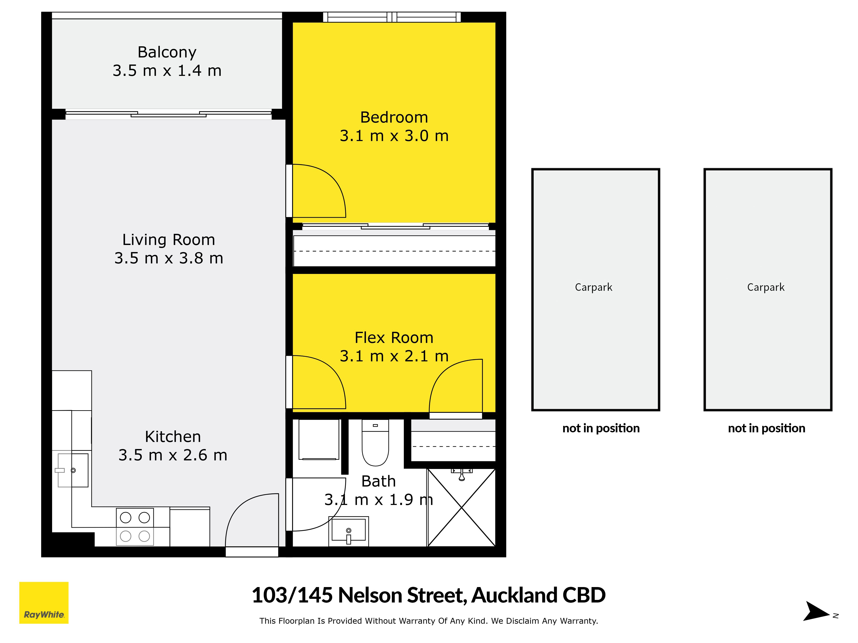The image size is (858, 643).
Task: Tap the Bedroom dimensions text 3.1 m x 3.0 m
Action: (x=394, y=136)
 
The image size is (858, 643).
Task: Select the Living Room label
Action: (x=169, y=240)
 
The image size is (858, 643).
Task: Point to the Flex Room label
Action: (x=394, y=338)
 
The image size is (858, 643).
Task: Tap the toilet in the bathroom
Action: (x=375, y=443)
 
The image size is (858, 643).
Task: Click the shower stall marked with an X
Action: (x=461, y=507)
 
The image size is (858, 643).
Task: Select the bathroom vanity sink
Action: (x=348, y=531)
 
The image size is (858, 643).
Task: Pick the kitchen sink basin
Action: (x=73, y=470)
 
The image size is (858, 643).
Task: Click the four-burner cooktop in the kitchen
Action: (x=135, y=527)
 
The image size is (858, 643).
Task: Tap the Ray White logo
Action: (x=44, y=603)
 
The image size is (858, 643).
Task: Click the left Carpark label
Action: (x=594, y=287)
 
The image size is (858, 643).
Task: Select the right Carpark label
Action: (x=766, y=287)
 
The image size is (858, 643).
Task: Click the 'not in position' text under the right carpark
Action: (x=766, y=428)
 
